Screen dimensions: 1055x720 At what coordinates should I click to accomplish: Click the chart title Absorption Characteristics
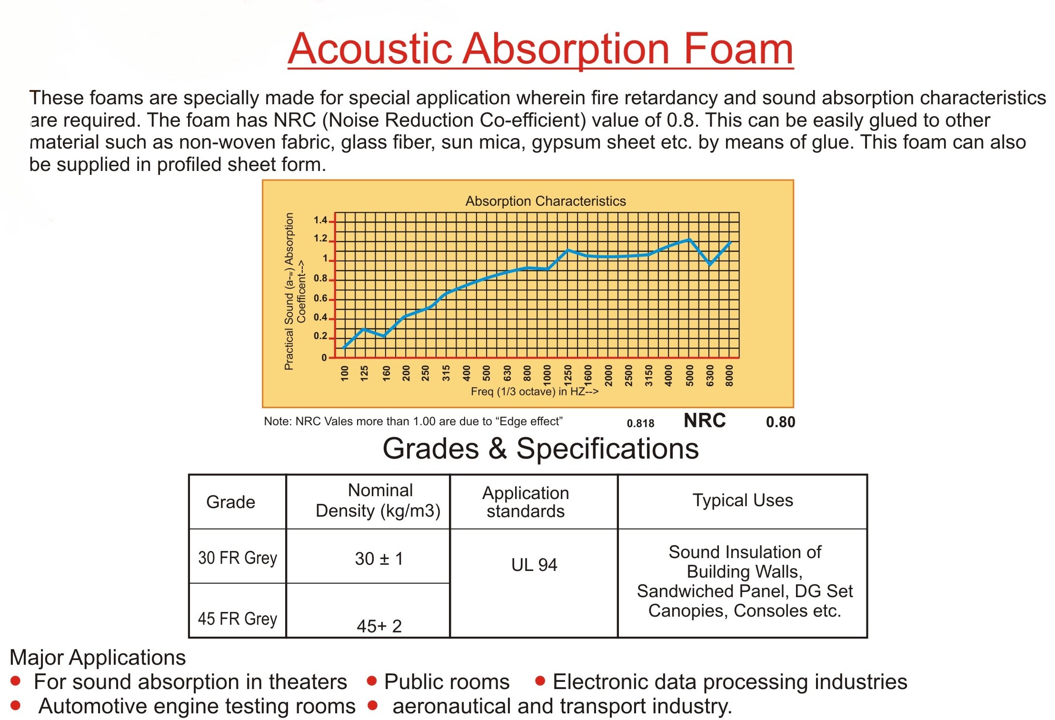pyautogui.click(x=546, y=201)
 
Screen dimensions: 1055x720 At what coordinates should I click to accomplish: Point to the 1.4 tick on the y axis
pyautogui.click(x=320, y=220)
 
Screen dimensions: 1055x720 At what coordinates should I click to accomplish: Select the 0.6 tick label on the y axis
pyautogui.click(x=320, y=299)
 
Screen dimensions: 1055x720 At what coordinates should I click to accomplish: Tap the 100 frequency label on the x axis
pyautogui.click(x=345, y=373)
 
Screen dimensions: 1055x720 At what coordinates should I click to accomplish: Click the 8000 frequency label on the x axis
pyautogui.click(x=729, y=375)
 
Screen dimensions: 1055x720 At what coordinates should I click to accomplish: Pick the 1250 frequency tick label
pyautogui.click(x=567, y=375)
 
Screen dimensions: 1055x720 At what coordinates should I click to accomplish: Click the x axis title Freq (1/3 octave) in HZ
pyautogui.click(x=535, y=391)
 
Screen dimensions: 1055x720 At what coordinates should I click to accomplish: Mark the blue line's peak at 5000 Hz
pyautogui.click(x=689, y=240)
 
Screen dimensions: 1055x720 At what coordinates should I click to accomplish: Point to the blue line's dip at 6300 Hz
pyautogui.click(x=710, y=264)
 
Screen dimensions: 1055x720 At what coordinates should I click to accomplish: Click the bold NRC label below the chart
pyautogui.click(x=705, y=420)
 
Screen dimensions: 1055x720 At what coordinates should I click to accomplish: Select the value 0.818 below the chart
pyautogui.click(x=640, y=423)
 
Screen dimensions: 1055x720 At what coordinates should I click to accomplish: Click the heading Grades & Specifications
pyautogui.click(x=541, y=449)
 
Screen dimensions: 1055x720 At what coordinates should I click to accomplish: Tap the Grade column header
pyautogui.click(x=231, y=502)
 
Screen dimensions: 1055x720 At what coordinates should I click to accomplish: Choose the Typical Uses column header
pyautogui.click(x=743, y=500)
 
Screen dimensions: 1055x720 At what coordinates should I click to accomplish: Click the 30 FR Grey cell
pyautogui.click(x=238, y=558)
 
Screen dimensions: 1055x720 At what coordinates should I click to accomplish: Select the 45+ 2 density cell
pyautogui.click(x=379, y=626)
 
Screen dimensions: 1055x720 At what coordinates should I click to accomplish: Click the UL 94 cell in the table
pyautogui.click(x=534, y=565)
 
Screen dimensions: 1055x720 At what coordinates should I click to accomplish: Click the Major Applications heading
pyautogui.click(x=98, y=658)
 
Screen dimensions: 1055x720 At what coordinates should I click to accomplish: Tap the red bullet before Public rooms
pyautogui.click(x=372, y=681)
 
